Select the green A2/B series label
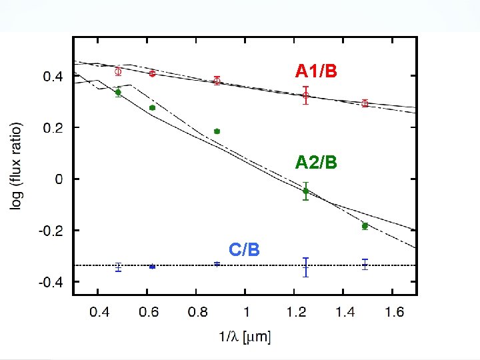pyautogui.click(x=316, y=162)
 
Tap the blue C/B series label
pyautogui.click(x=244, y=249)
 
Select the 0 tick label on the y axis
pyautogui.click(x=59, y=179)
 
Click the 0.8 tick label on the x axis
pyautogui.click(x=197, y=311)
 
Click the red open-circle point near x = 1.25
pyautogui.click(x=306, y=95)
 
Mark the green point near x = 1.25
pyautogui.click(x=306, y=191)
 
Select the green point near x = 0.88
pyautogui.click(x=217, y=131)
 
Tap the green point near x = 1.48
pyautogui.click(x=365, y=226)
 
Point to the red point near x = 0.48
pyautogui.click(x=118, y=71)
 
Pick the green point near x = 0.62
pyautogui.click(x=152, y=107)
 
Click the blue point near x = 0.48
pyautogui.click(x=118, y=267)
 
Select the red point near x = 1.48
pyautogui.click(x=365, y=103)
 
